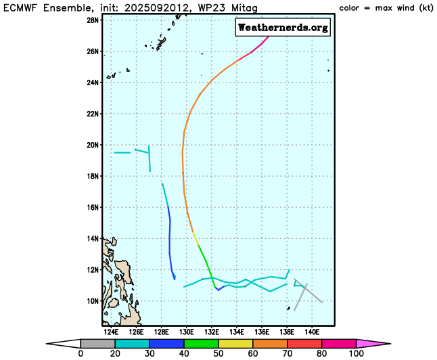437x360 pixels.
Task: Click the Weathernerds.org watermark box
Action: [x=283, y=28]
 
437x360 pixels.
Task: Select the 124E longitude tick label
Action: [x=112, y=332]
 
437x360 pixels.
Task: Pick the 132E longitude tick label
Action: [x=212, y=332]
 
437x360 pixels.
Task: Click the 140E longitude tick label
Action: [x=312, y=332]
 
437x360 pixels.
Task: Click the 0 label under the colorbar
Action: [x=80, y=353]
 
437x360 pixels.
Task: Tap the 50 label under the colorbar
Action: [x=218, y=353]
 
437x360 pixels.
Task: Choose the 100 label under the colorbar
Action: [x=356, y=353]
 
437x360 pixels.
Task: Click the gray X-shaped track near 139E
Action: [x=305, y=292]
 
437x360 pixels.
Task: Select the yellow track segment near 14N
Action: [x=195, y=238]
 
